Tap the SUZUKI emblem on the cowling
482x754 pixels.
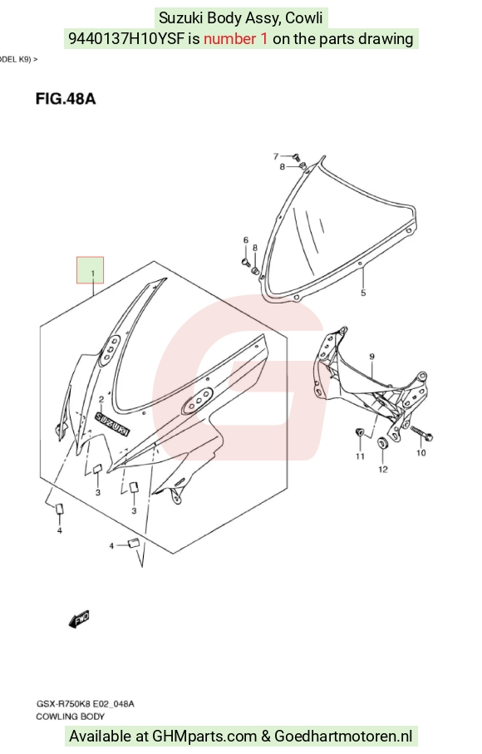[x=112, y=424]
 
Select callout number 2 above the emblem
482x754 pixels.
[x=101, y=399]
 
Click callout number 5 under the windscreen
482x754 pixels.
[x=363, y=293]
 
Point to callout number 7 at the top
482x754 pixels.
[x=276, y=156]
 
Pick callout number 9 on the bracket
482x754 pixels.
[x=372, y=357]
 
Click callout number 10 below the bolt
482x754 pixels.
[x=421, y=452]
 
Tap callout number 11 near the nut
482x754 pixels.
[x=360, y=456]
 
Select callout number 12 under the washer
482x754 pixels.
[x=382, y=469]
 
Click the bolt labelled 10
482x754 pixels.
[x=421, y=433]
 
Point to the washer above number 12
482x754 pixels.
[x=382, y=442]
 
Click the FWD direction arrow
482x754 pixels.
[x=79, y=618]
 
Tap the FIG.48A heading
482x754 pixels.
[x=66, y=99]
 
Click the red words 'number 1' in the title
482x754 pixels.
[x=235, y=38]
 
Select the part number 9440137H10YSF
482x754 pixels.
[x=127, y=38]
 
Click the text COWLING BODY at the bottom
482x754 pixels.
[x=70, y=717]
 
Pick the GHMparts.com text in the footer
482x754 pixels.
[x=204, y=737]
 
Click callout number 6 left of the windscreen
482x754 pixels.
[x=245, y=240]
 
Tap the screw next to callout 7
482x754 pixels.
[x=296, y=156]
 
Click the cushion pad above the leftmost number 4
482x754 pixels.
[x=60, y=509]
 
